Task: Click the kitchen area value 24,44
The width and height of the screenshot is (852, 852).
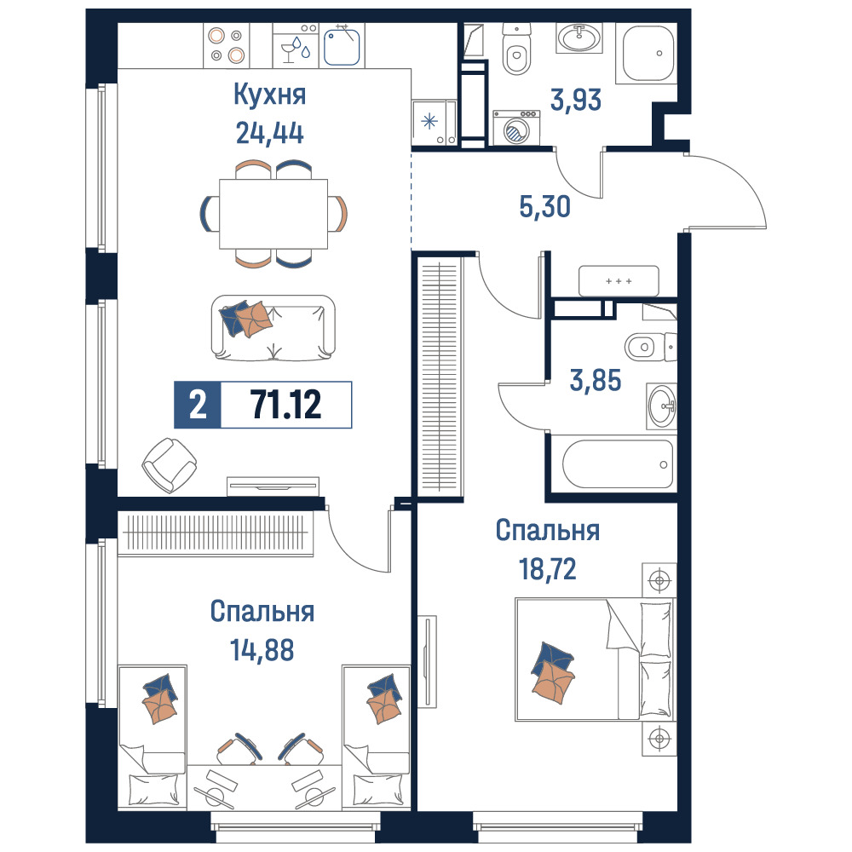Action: pyautogui.click(x=269, y=133)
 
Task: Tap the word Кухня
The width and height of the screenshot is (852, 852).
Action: pyautogui.click(x=270, y=95)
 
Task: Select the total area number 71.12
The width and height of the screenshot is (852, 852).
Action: pyautogui.click(x=285, y=405)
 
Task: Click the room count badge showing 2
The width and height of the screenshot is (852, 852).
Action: pyautogui.click(x=198, y=405)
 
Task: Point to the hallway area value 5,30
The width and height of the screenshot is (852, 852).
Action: pyautogui.click(x=545, y=206)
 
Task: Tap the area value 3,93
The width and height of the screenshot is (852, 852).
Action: pyautogui.click(x=576, y=100)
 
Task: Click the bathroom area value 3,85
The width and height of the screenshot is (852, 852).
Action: pyautogui.click(x=596, y=380)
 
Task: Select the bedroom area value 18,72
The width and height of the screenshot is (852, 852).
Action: pyautogui.click(x=548, y=569)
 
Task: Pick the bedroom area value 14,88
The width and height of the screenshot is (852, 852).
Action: pyautogui.click(x=262, y=649)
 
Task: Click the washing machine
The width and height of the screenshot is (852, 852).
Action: pyautogui.click(x=516, y=129)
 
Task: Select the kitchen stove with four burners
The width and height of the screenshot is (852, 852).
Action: pyautogui.click(x=226, y=45)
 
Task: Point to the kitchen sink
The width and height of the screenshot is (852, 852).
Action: pyautogui.click(x=342, y=47)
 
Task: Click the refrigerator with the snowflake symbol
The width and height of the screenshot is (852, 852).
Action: pyautogui.click(x=434, y=124)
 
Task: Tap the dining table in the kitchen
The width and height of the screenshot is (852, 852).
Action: pyautogui.click(x=273, y=214)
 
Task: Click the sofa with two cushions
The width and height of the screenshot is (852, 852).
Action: pyautogui.click(x=273, y=328)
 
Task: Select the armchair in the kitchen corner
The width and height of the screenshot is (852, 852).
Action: pyautogui.click(x=169, y=465)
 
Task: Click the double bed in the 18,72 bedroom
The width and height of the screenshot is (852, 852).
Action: pyautogui.click(x=596, y=659)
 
